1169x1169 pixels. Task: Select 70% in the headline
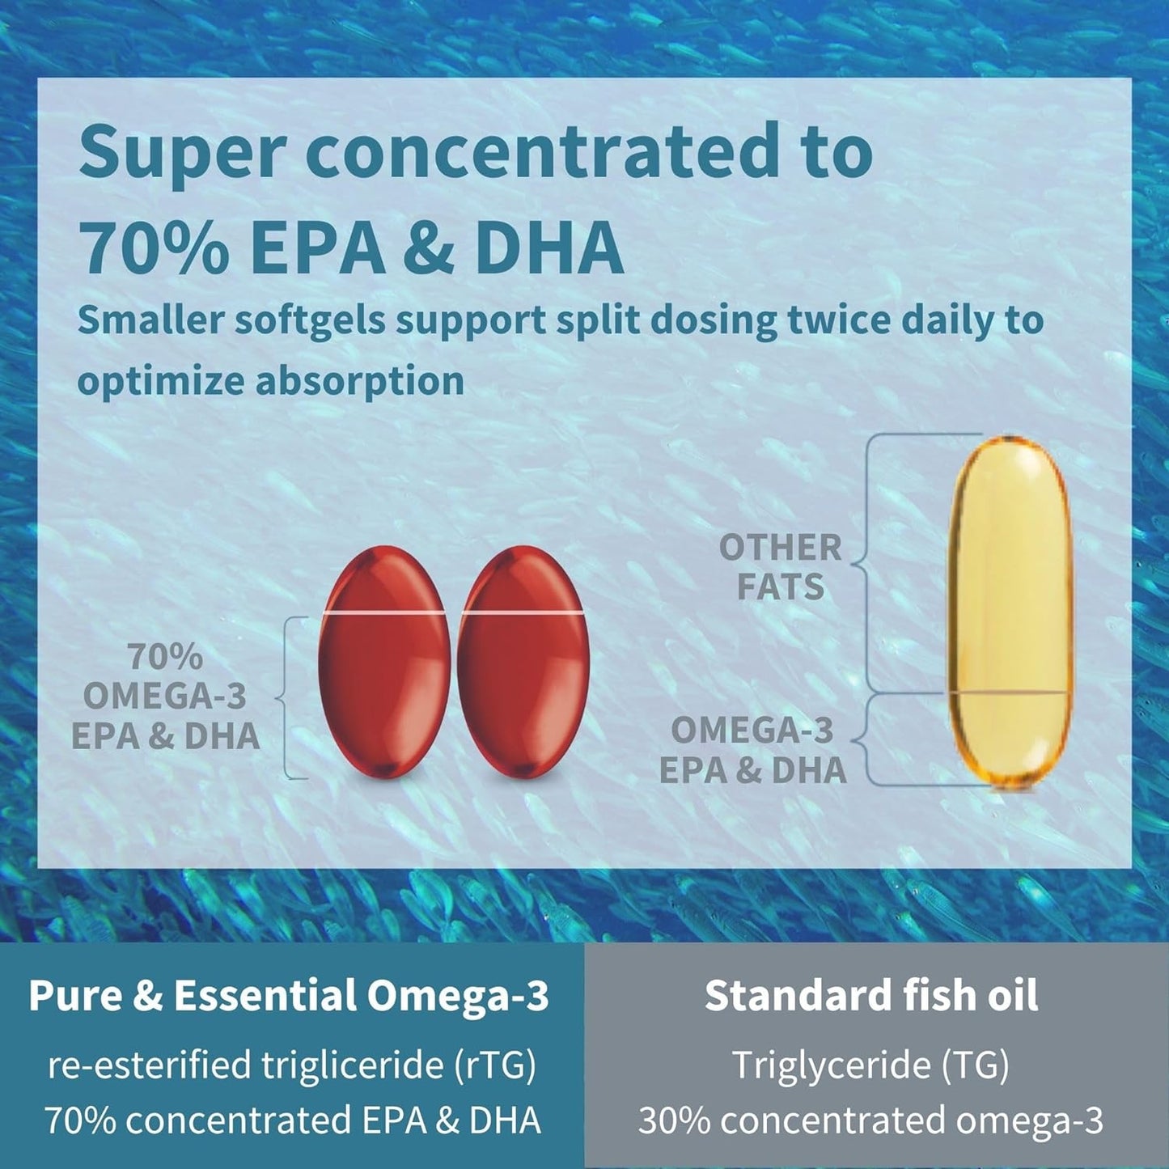pos(154,248)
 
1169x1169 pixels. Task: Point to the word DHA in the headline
pos(549,248)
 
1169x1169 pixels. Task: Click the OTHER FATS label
pos(780,567)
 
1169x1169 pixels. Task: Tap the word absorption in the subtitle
pos(360,381)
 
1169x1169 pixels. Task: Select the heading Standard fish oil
pos(871,995)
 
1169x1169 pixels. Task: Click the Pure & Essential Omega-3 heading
pos(289,995)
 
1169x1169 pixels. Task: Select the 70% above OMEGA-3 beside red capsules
pos(165,657)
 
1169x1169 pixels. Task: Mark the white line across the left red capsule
pos(383,613)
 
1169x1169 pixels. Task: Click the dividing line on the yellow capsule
pos(1010,693)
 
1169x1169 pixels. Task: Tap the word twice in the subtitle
pos(839,321)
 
